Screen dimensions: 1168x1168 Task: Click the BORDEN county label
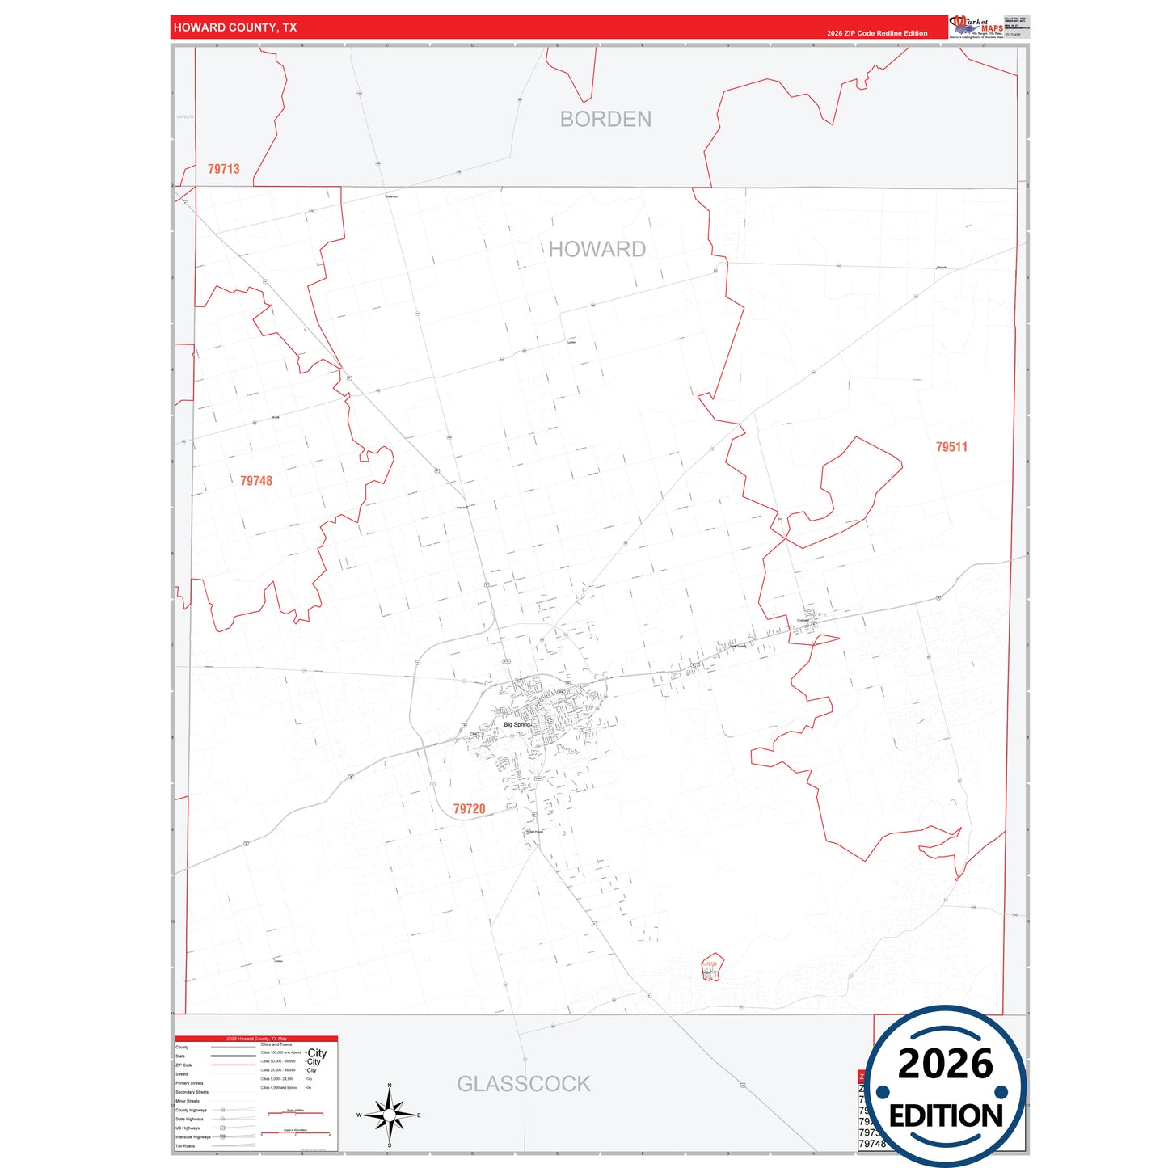605,120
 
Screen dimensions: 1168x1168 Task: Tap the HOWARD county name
597,249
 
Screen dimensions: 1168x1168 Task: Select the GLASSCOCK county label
524,1084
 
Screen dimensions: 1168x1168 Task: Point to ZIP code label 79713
224,169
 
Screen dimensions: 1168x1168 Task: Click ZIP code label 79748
256,481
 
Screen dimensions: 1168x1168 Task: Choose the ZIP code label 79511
951,447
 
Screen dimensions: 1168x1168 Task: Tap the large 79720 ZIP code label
469,809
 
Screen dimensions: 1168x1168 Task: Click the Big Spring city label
517,725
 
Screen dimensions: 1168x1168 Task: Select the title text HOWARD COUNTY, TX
235,27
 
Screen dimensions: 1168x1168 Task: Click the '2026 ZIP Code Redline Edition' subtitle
877,33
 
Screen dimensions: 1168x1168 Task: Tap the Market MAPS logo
976,27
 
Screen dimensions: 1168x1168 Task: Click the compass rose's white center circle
390,1115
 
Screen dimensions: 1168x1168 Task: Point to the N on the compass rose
390,1086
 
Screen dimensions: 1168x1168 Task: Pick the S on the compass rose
390,1145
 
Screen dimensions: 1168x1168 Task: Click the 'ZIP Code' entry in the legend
184,1065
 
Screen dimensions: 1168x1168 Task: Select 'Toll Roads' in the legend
185,1146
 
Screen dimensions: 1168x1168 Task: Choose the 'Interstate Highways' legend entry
193,1137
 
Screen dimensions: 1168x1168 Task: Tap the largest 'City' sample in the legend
317,1053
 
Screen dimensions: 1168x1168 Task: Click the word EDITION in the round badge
946,1116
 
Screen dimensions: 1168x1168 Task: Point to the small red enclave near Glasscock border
711,967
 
